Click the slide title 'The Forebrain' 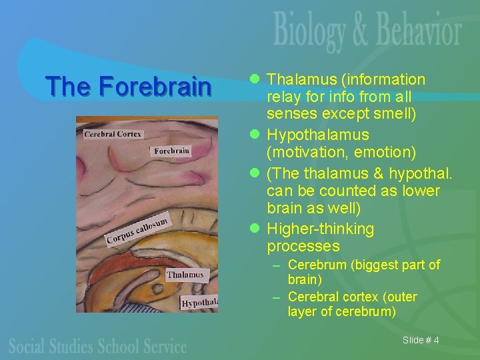pyautogui.click(x=127, y=87)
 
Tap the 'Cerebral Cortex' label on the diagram pyautogui.click(x=113, y=135)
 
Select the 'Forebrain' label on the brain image pyautogui.click(x=172, y=151)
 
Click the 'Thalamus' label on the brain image pyautogui.click(x=185, y=275)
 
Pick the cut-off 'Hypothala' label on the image pyautogui.click(x=199, y=303)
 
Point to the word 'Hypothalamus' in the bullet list pyautogui.click(x=318, y=135)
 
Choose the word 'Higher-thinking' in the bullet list pyautogui.click(x=321, y=229)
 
